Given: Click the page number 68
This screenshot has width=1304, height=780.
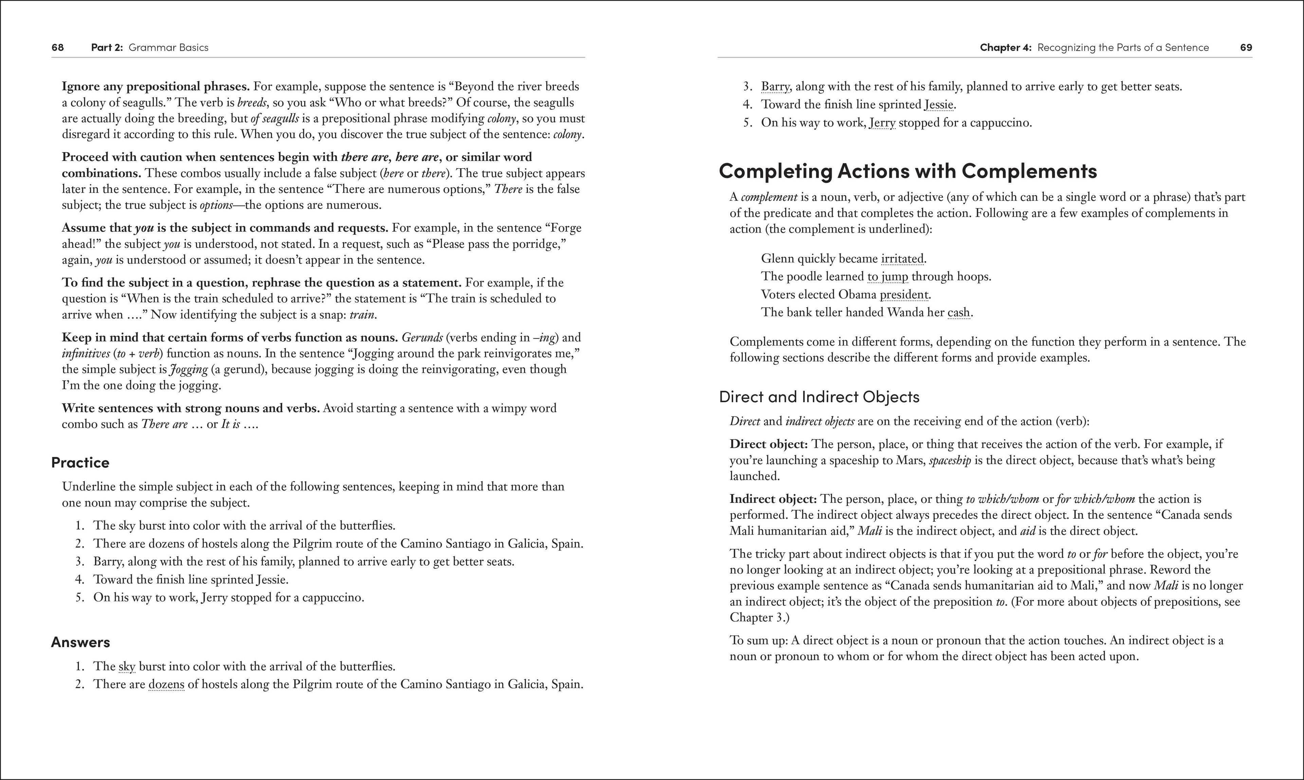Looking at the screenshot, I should pyautogui.click(x=58, y=47).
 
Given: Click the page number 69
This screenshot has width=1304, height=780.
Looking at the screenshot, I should pyautogui.click(x=1246, y=47).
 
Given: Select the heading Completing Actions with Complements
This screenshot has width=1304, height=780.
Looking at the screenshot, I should pyautogui.click(x=908, y=171).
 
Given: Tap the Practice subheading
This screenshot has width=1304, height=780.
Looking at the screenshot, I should pyautogui.click(x=80, y=463).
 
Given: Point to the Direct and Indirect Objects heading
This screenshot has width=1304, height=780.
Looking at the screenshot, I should pyautogui.click(x=819, y=396).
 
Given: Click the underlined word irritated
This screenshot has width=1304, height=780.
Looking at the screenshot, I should pyautogui.click(x=902, y=259).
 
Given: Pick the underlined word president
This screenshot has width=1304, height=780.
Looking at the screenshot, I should pyautogui.click(x=904, y=294).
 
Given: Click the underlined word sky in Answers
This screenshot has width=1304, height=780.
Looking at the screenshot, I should pyautogui.click(x=127, y=667).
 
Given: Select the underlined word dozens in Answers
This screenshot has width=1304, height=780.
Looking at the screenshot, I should pyautogui.click(x=166, y=684).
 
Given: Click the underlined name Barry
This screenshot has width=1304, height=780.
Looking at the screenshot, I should pyautogui.click(x=775, y=87).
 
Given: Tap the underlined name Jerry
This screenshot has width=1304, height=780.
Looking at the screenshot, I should pyautogui.click(x=882, y=123).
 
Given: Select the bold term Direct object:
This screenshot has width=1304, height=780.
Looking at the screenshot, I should pyautogui.click(x=768, y=444).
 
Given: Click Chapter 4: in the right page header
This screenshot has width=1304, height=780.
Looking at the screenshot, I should pyautogui.click(x=1006, y=47).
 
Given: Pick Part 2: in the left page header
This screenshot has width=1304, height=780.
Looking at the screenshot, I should pyautogui.click(x=107, y=47).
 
